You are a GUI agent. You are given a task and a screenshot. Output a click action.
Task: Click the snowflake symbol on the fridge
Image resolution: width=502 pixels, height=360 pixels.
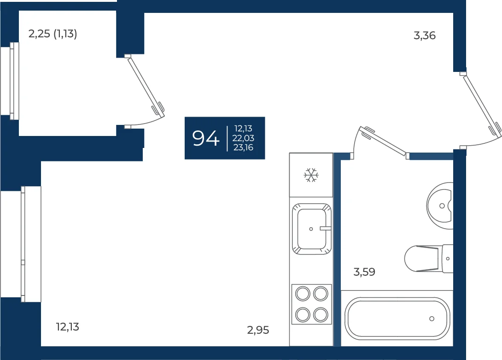tap(311, 175)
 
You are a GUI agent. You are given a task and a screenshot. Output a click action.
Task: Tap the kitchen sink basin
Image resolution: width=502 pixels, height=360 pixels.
tap(311, 229)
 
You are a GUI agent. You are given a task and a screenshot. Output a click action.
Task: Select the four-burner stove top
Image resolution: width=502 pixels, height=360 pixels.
tap(311, 304)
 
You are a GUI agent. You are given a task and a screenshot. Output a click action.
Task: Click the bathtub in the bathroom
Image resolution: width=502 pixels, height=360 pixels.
tap(397, 319)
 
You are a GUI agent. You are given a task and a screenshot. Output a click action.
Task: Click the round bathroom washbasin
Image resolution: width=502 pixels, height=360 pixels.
tap(440, 206)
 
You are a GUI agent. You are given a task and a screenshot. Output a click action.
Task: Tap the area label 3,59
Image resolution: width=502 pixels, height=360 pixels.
tap(364, 272)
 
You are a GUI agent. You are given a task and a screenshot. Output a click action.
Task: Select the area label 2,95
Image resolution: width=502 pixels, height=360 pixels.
tap(258, 330)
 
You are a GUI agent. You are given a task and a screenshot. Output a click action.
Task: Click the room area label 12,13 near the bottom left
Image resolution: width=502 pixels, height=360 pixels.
tap(68, 327)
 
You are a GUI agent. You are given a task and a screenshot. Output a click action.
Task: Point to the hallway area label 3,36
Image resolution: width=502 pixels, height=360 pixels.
tap(425, 35)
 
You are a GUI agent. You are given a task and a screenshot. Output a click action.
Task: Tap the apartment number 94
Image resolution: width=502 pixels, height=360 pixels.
tap(205, 138)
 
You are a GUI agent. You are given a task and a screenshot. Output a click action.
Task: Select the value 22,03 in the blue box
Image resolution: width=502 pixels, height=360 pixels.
tap(243, 138)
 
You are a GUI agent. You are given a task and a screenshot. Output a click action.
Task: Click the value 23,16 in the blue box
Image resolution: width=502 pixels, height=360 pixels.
tap(243, 148)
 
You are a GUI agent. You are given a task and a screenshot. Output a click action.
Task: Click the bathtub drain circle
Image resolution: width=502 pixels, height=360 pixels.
tap(432, 319)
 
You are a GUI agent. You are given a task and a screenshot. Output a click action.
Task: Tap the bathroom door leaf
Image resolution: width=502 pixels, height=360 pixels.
tap(383, 141)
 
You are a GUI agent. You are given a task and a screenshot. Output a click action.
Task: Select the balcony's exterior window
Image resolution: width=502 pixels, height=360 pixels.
tap(10, 81)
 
